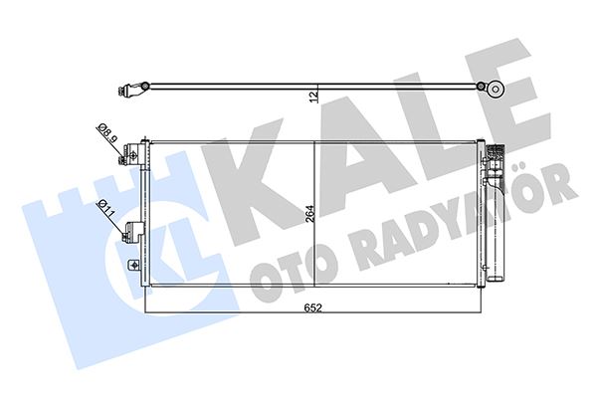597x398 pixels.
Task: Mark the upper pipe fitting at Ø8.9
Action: [x=129, y=155]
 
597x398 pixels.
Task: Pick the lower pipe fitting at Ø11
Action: [x=129, y=235]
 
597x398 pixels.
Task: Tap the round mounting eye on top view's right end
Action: [x=495, y=88]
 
